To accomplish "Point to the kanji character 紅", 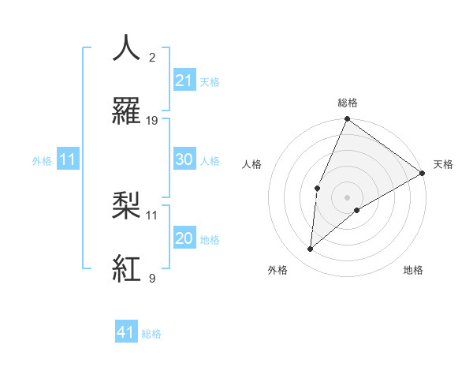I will tap(127, 268).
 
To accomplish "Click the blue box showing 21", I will tap(184, 81).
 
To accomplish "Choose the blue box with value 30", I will tap(184, 159).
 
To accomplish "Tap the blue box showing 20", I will tap(184, 238).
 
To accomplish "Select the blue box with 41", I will tap(127, 332).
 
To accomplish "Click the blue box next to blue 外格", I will tap(68, 159).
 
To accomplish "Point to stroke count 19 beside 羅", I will tap(152, 121).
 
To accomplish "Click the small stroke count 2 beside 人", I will tap(152, 58).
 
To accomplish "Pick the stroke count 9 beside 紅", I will tap(152, 278).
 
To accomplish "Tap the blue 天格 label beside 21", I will tap(210, 82).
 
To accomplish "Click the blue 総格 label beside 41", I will tap(152, 334).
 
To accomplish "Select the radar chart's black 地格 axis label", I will tap(413, 270).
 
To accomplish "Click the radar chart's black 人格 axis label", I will tap(252, 164).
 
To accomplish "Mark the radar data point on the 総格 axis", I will tap(347, 119).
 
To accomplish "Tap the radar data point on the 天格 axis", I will tap(423, 173).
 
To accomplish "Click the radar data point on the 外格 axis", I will tap(311, 249).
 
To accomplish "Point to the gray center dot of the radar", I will tap(347, 197).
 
